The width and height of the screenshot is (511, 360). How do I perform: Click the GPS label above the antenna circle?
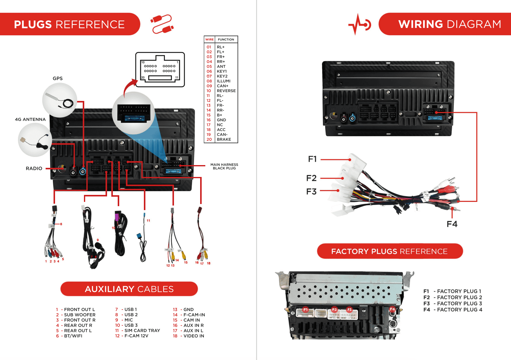click(57, 78)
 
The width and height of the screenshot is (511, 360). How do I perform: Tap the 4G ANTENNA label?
click(30, 119)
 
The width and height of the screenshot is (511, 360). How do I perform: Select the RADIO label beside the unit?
click(34, 168)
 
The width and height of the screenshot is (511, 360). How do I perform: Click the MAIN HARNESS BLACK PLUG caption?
click(224, 166)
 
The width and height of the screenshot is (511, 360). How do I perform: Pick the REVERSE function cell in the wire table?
click(226, 91)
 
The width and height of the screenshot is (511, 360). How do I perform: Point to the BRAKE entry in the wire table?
click(224, 140)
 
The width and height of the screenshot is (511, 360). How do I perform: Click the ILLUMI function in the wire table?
click(224, 81)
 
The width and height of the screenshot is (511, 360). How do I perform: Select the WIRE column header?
click(209, 40)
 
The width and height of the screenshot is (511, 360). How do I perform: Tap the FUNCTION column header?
click(226, 40)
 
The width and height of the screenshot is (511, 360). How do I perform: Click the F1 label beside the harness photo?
click(312, 159)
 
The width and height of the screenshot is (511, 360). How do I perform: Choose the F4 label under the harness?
click(452, 224)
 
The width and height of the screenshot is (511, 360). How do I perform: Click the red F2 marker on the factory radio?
click(334, 310)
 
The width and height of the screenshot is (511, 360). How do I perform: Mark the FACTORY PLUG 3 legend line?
click(453, 303)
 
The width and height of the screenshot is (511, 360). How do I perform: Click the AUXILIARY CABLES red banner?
click(129, 289)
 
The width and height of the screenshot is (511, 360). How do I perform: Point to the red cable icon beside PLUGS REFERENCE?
click(162, 24)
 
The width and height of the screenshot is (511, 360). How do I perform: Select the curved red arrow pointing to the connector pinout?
click(129, 87)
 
